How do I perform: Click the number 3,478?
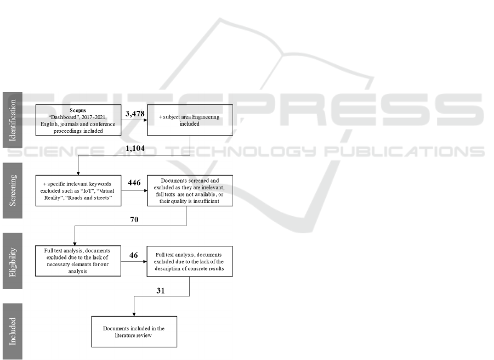click(135, 114)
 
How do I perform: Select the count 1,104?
click(135, 148)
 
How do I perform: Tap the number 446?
click(134, 183)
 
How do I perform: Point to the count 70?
click(134, 220)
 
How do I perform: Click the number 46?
click(134, 255)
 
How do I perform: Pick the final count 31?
click(161, 291)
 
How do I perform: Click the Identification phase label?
click(13, 120)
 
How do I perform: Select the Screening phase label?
click(13, 190)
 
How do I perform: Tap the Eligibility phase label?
click(13, 261)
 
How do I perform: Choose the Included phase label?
click(13, 331)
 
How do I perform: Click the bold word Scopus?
click(78, 110)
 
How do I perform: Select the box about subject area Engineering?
click(190, 120)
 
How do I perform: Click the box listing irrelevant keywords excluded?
click(78, 191)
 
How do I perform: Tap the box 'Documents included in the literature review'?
click(134, 331)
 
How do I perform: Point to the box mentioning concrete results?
click(190, 261)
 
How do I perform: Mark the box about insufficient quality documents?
click(190, 191)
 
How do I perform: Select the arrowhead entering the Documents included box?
click(134, 314)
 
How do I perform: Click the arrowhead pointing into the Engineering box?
click(145, 120)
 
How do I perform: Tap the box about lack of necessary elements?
click(78, 261)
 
